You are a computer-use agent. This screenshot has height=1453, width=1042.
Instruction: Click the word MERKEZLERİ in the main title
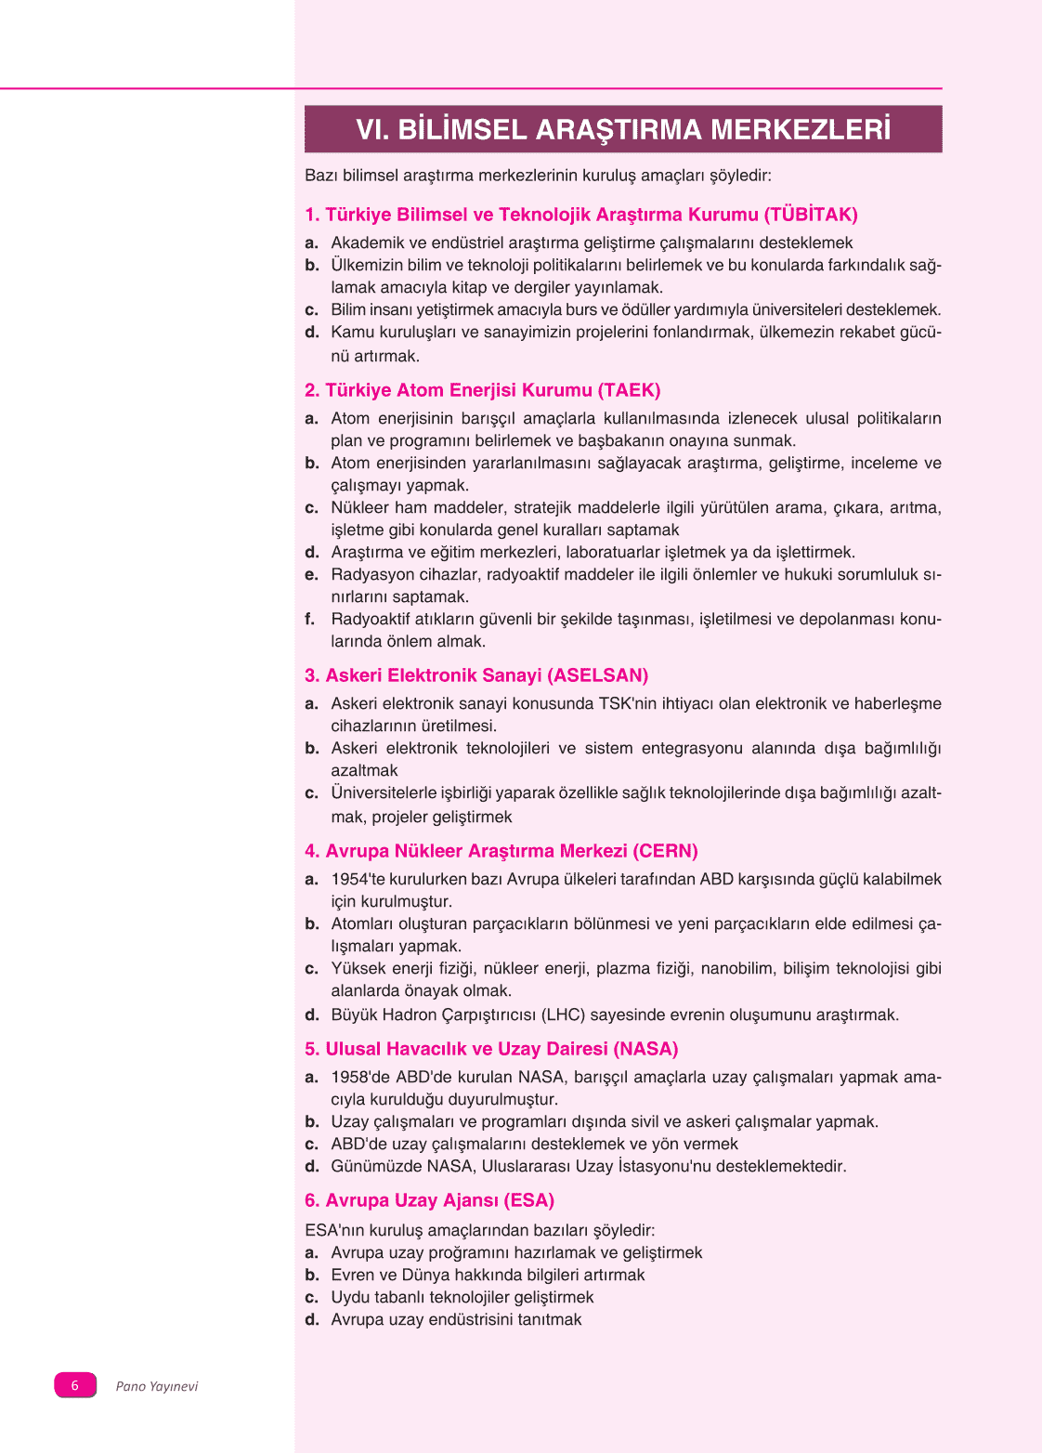(x=801, y=129)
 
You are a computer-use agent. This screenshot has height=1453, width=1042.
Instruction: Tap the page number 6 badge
(x=75, y=1385)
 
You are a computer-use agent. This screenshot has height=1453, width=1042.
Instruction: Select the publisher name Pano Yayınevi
(x=157, y=1386)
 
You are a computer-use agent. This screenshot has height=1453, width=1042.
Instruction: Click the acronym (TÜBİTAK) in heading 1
(x=811, y=215)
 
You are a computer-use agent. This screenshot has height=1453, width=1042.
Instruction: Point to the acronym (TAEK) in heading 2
(x=630, y=390)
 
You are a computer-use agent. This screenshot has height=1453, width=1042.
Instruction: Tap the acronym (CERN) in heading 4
(x=665, y=851)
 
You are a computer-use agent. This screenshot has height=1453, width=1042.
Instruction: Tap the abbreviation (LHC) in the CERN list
(x=564, y=1014)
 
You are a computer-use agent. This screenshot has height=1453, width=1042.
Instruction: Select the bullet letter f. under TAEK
(x=310, y=619)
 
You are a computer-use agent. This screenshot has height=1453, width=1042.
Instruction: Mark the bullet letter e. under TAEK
(x=311, y=574)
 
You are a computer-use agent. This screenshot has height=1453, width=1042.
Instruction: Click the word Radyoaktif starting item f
(x=370, y=619)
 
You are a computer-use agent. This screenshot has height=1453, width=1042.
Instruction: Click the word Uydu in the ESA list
(x=350, y=1297)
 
